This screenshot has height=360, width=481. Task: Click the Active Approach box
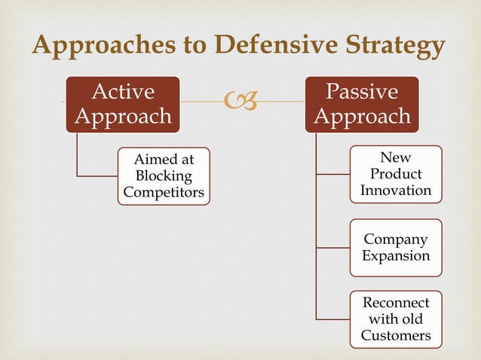coord(123,104)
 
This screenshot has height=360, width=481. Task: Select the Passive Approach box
coord(363,104)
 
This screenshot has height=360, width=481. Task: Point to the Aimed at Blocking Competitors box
coord(164,175)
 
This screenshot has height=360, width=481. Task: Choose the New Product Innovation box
coord(396,174)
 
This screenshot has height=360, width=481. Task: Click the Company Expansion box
coord(396,248)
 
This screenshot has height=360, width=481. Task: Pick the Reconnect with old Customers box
coord(396,319)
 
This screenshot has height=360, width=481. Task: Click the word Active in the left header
coord(123,92)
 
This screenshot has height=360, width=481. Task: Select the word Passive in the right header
coord(363,92)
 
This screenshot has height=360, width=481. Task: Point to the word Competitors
coord(164,192)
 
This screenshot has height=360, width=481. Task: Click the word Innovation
coord(396,190)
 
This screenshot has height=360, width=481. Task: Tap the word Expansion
coord(396,256)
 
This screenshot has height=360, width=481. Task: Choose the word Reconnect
coord(396,302)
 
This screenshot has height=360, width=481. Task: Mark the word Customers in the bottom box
coord(396,335)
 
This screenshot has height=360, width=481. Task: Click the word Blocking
coord(164,175)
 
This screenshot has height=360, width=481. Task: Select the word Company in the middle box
coord(396,239)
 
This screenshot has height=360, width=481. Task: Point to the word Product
coord(396,174)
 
